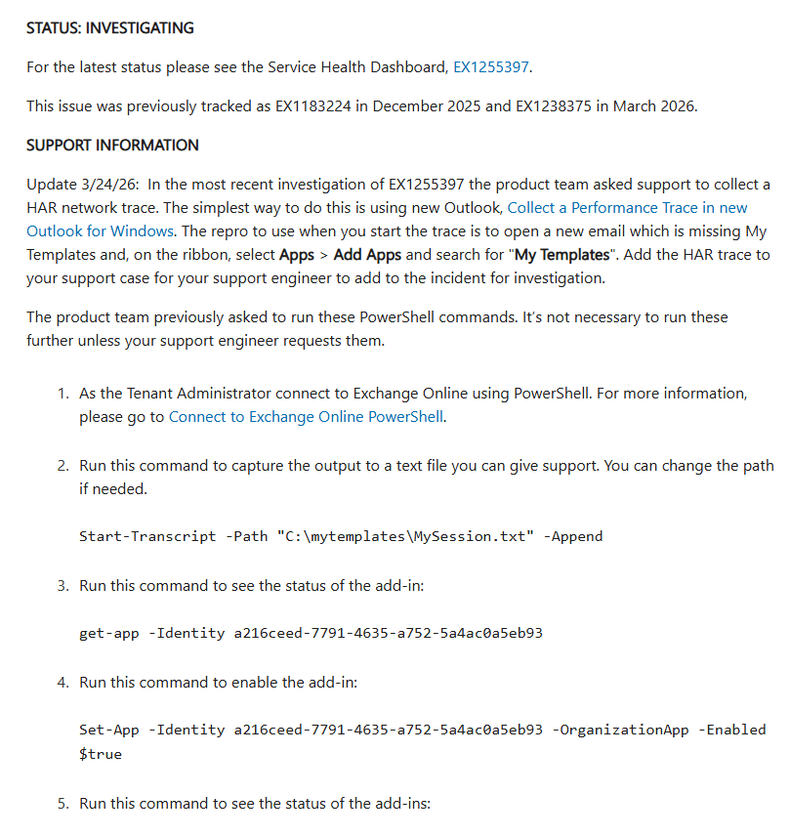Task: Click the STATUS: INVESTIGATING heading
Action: tap(110, 28)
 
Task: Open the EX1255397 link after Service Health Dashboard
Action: tap(492, 67)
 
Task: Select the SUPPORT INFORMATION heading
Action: tap(112, 146)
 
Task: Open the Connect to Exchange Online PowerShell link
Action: tap(307, 417)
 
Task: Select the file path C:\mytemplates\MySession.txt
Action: tap(406, 536)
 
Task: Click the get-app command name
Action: tap(109, 633)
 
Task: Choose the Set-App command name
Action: tap(109, 730)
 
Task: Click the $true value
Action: tap(101, 753)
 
